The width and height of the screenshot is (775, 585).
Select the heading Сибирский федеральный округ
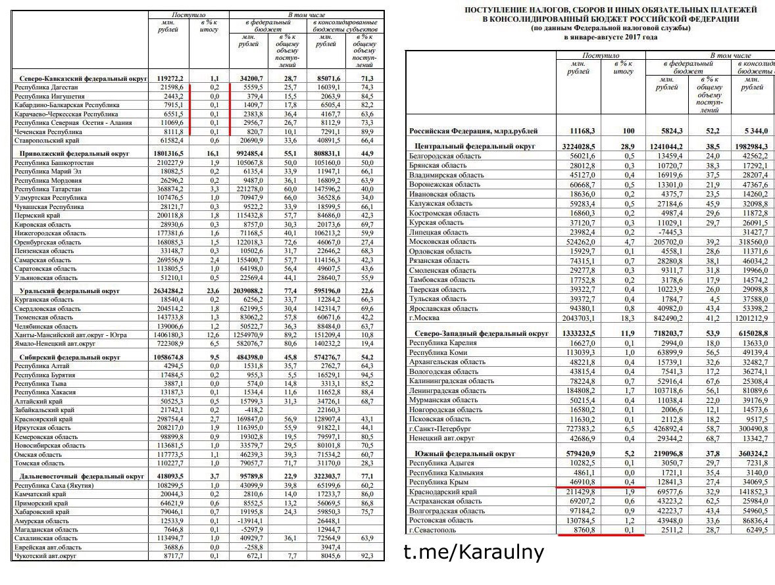click(66, 358)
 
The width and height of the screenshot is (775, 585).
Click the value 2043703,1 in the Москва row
click(576, 317)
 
